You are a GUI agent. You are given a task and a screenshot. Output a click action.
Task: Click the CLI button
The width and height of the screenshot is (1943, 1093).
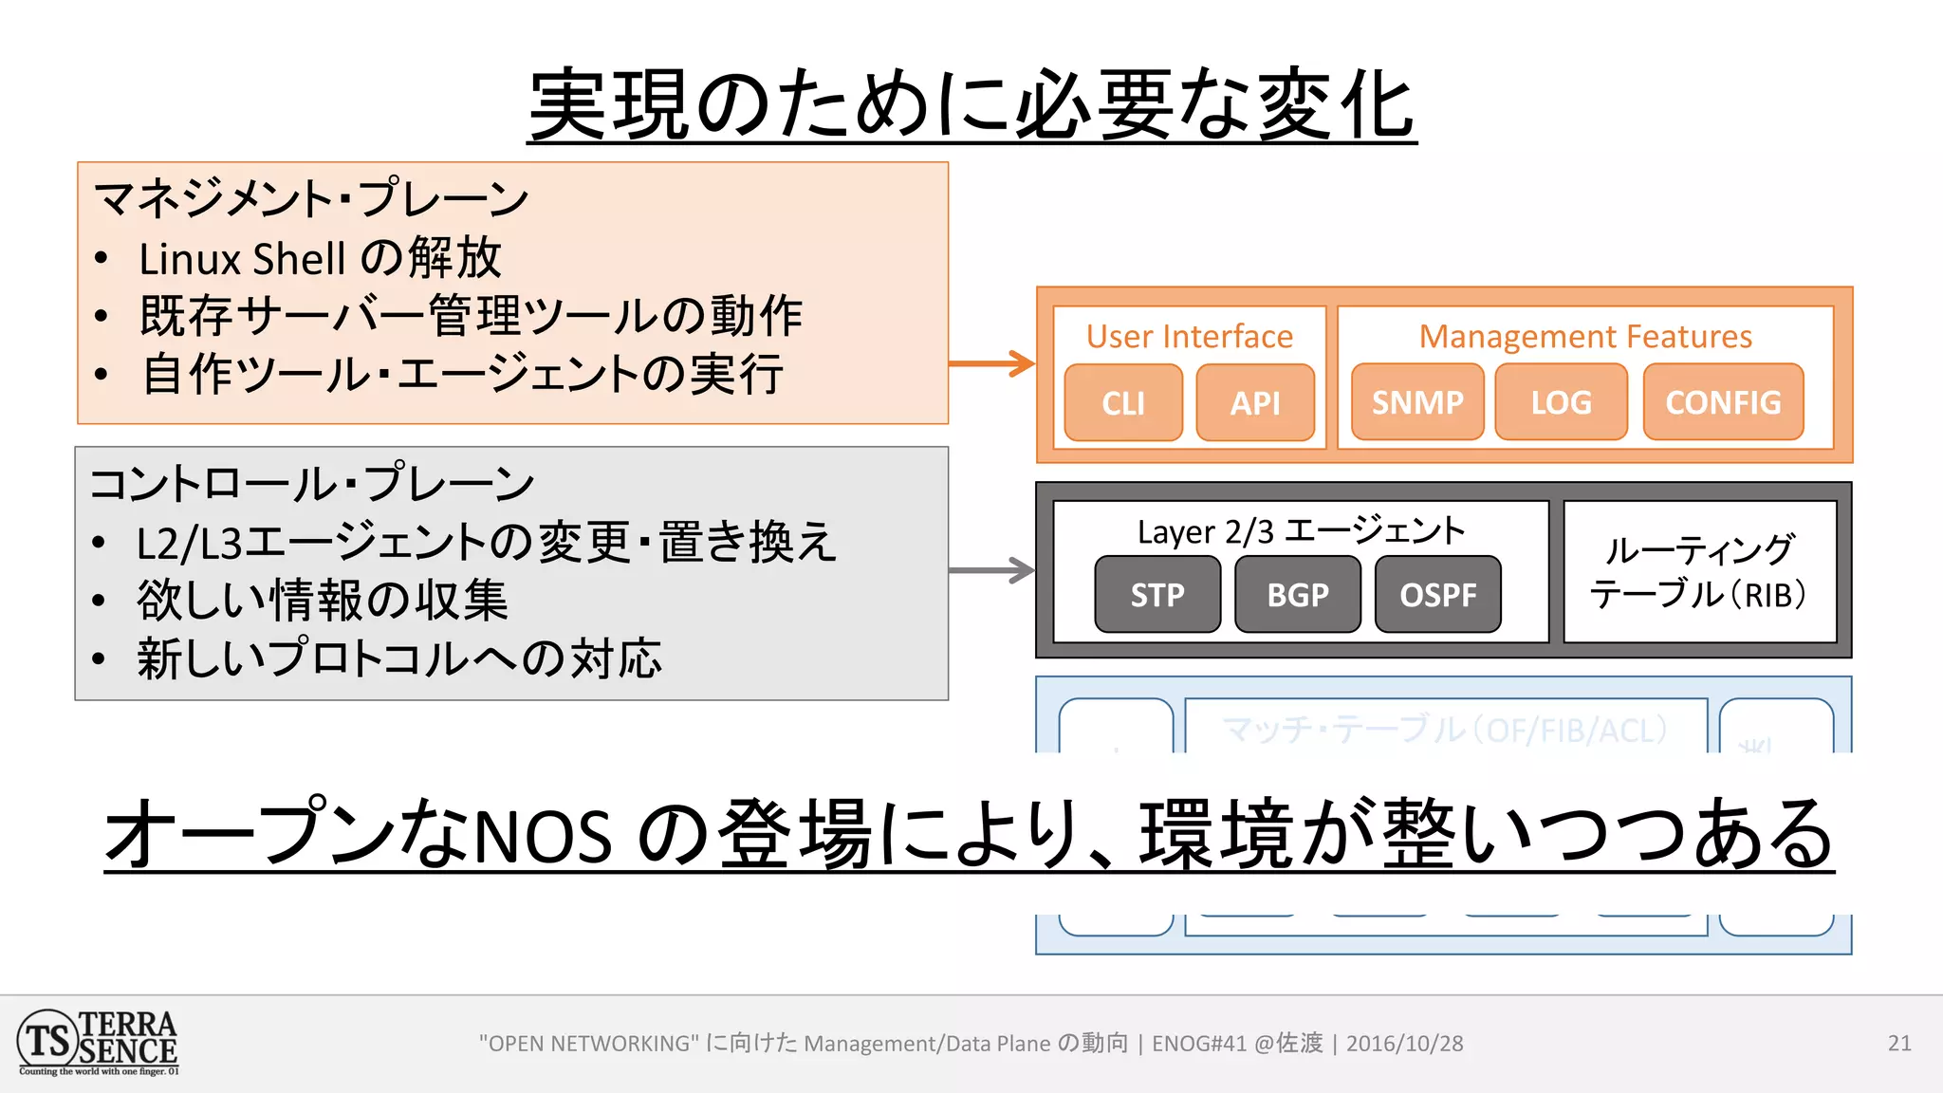(x=1123, y=403)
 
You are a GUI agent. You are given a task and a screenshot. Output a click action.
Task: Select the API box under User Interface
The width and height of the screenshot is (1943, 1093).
(x=1255, y=403)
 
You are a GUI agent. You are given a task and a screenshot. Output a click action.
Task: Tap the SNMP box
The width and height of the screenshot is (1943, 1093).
(x=1417, y=402)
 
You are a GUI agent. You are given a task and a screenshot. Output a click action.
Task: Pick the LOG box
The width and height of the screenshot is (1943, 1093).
(x=1561, y=402)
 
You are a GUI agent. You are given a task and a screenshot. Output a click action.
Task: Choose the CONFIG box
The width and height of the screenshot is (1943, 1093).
(x=1723, y=402)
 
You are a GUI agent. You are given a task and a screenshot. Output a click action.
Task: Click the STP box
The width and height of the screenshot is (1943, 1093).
(x=1157, y=595)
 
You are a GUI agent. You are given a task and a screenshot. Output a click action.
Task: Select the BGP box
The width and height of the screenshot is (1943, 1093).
(x=1298, y=595)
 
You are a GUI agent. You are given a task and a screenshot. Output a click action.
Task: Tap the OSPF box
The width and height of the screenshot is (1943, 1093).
(x=1438, y=595)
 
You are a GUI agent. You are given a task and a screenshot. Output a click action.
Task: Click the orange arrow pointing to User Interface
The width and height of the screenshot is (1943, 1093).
(x=991, y=363)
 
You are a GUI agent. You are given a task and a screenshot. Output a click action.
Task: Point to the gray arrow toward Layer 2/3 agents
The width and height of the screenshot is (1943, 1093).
(x=991, y=570)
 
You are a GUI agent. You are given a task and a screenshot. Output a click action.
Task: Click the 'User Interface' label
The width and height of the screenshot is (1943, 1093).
(x=1189, y=337)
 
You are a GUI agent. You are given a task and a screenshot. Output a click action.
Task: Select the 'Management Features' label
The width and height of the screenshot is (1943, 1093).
(x=1585, y=337)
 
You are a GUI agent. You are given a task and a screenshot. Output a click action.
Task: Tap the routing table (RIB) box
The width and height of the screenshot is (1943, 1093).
(x=1699, y=572)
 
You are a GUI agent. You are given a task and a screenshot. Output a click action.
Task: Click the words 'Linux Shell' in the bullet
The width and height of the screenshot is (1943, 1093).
(x=242, y=259)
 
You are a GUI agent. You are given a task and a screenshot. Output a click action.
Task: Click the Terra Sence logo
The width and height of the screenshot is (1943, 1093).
(x=98, y=1043)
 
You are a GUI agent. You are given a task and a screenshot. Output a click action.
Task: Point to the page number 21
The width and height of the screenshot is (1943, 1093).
(x=1899, y=1044)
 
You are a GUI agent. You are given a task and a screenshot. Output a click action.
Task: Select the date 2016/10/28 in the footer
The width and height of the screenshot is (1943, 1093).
(x=1404, y=1044)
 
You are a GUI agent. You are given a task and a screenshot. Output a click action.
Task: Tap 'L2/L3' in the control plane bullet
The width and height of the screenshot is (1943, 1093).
(x=190, y=544)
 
